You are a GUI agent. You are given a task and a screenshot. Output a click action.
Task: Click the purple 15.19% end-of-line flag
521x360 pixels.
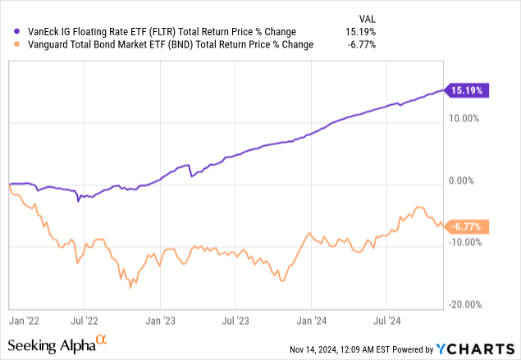(x=467, y=90)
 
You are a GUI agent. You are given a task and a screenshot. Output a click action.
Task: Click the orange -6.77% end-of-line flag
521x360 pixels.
(x=468, y=227)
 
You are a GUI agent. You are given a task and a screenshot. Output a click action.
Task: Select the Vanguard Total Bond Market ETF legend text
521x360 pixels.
(x=164, y=44)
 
